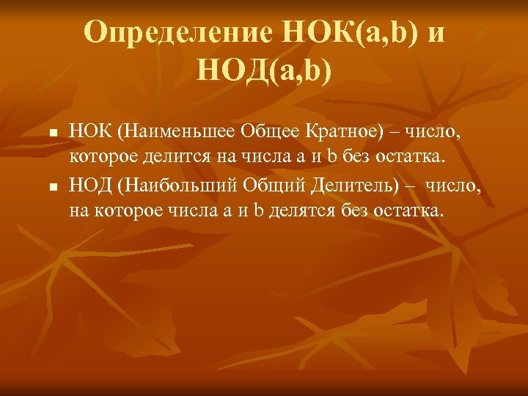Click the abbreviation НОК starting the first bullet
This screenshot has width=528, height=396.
click(x=89, y=132)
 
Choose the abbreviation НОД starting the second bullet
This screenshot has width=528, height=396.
click(x=90, y=188)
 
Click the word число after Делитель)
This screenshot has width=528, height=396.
click(x=456, y=188)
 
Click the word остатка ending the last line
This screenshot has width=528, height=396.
click(x=409, y=212)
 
